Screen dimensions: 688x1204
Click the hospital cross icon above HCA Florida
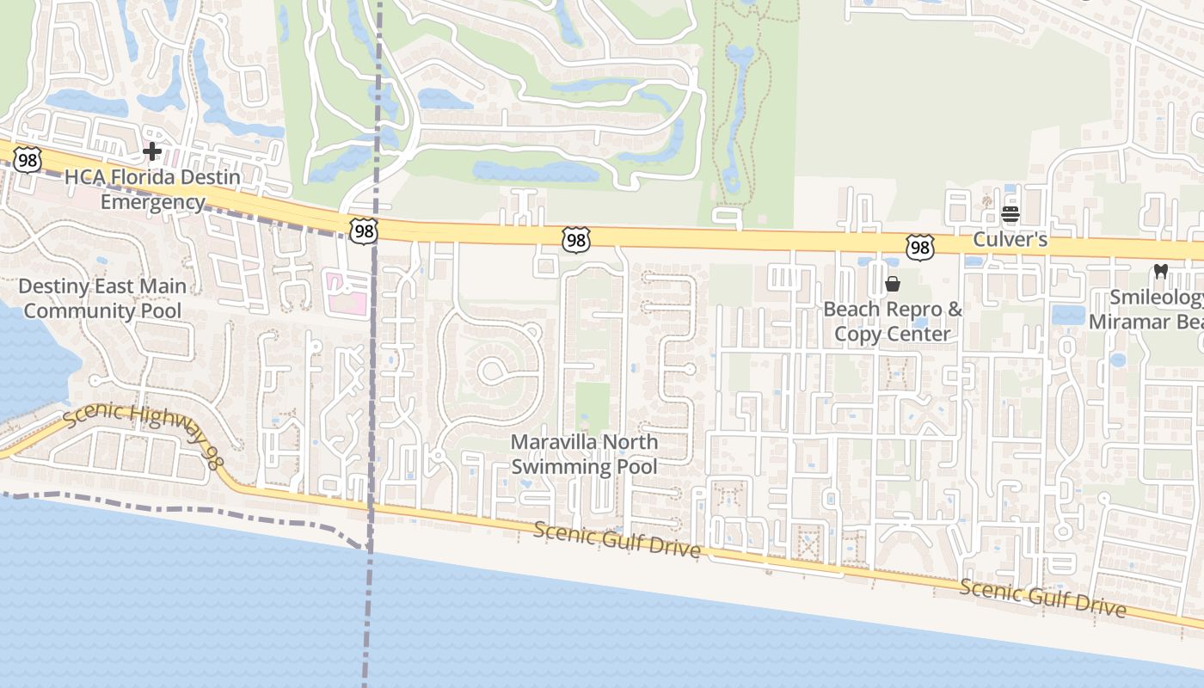[152, 152]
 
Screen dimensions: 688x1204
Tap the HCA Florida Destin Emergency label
[153, 190]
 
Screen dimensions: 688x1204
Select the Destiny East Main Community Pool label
[102, 298]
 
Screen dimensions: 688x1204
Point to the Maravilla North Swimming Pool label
[584, 454]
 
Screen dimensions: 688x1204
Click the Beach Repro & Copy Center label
[893, 321]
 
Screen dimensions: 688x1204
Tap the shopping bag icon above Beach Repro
[893, 284]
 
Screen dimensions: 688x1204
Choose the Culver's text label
[1010, 239]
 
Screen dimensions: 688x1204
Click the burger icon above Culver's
[1010, 214]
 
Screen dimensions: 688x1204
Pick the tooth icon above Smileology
[1160, 272]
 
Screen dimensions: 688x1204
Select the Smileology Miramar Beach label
[1148, 310]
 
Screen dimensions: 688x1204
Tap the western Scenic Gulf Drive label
[617, 539]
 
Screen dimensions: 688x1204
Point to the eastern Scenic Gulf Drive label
[1042, 597]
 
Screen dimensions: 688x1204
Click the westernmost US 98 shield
[28, 159]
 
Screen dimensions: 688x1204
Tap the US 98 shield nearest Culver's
[919, 248]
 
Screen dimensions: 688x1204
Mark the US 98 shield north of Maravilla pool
[575, 241]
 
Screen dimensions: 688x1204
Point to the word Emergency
[153, 202]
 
